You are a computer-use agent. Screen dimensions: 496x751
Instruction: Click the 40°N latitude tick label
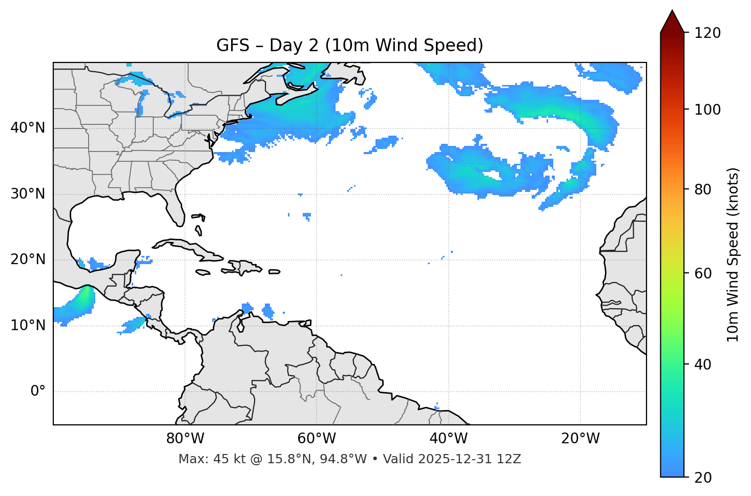[28, 128]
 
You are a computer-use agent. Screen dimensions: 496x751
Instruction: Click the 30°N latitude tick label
[28, 194]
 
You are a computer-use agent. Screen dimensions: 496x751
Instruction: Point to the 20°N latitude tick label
[28, 260]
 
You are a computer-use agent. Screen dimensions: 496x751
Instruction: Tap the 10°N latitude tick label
[28, 326]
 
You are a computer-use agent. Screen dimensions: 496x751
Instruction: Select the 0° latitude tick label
[38, 392]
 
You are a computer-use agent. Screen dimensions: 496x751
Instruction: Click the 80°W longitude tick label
[185, 439]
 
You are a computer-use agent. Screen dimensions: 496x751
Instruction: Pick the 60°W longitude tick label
[317, 439]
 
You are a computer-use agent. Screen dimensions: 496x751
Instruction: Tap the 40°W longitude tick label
[448, 439]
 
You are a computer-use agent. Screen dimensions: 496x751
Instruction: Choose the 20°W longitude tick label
[580, 439]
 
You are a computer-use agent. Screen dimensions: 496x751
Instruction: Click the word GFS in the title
[233, 46]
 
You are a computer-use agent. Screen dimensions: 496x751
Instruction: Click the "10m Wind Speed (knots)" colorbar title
[733, 254]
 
